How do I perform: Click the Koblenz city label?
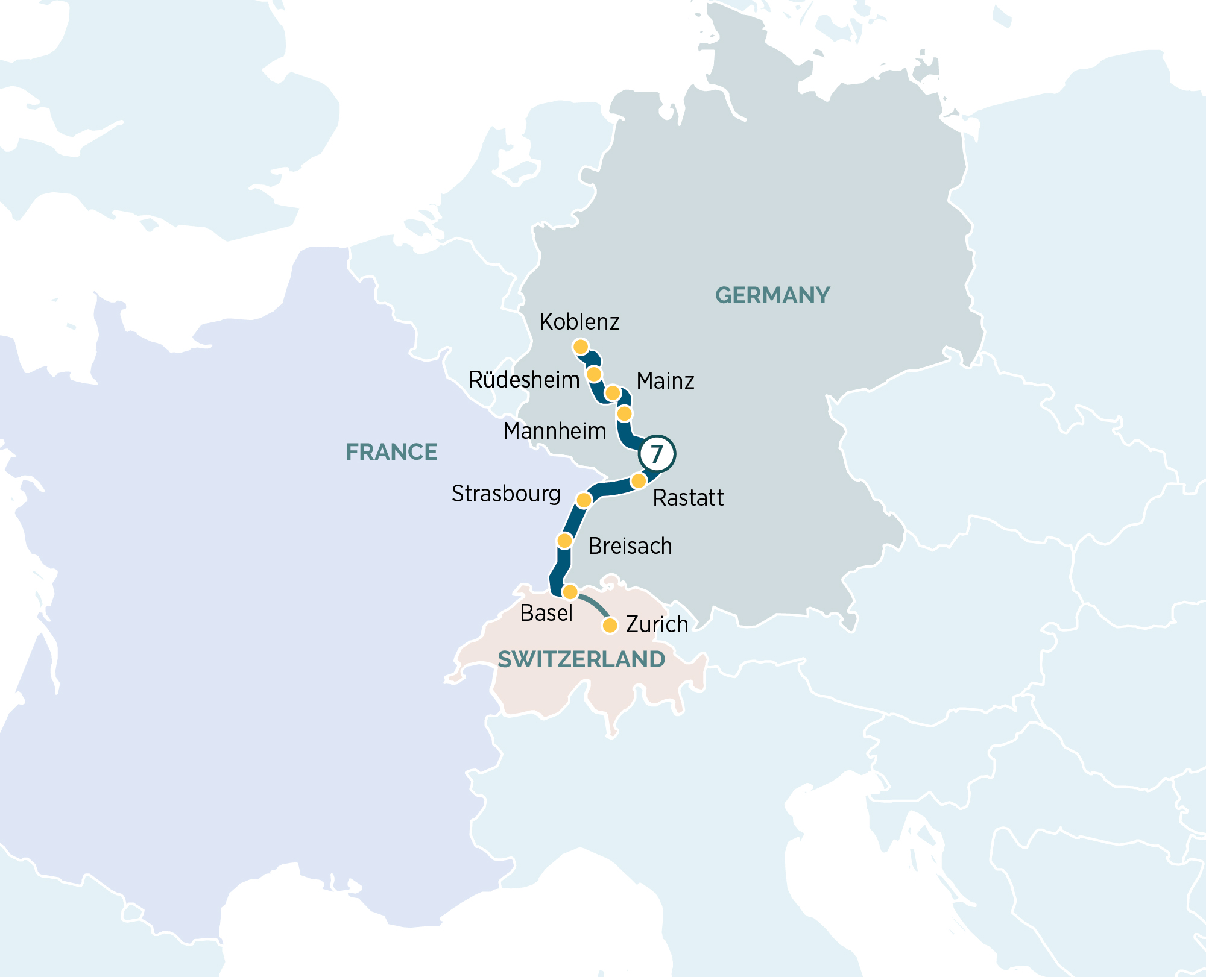[x=579, y=322]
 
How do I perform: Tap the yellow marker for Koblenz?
[x=581, y=347]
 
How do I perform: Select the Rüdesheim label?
[x=524, y=380]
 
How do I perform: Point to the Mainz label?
[x=665, y=381]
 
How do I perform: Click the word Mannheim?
[x=555, y=432]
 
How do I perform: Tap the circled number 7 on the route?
[x=657, y=453]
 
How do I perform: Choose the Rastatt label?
[x=688, y=498]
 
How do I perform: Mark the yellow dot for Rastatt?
[x=639, y=481]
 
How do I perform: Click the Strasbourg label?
[x=506, y=494]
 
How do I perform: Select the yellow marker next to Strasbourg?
[x=584, y=500]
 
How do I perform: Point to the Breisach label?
[x=630, y=546]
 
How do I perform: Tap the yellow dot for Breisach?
[x=564, y=541]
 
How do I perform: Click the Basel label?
[x=546, y=613]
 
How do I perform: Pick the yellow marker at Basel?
[x=570, y=592]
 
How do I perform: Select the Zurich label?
[x=657, y=624]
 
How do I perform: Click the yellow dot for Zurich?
[x=610, y=626]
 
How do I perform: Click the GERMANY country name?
[x=772, y=295]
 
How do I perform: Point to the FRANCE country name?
[x=391, y=452]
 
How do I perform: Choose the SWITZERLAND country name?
[x=581, y=659]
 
